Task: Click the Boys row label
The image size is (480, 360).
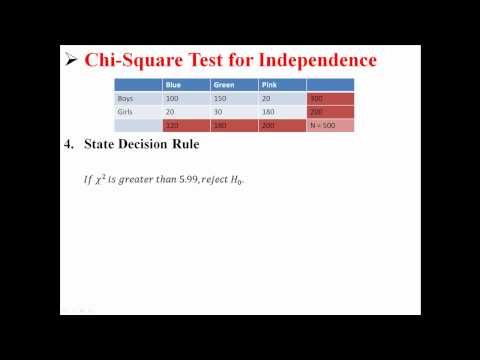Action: [x=126, y=99]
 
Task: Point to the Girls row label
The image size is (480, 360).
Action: [x=126, y=112]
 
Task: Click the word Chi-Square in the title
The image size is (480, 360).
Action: [x=134, y=60]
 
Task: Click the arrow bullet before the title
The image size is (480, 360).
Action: [x=70, y=60]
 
